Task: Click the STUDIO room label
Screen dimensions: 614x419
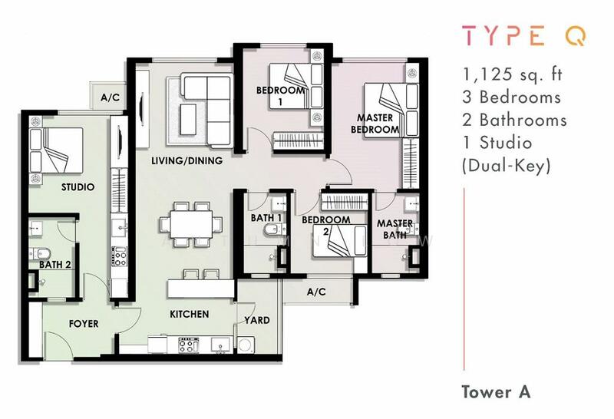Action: pyautogui.click(x=78, y=187)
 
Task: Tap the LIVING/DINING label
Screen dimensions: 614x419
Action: pyautogui.click(x=187, y=160)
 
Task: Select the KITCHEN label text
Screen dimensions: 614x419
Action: pyautogui.click(x=190, y=314)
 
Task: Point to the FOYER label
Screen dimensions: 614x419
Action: pyautogui.click(x=84, y=324)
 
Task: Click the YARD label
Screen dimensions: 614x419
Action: pyautogui.click(x=257, y=320)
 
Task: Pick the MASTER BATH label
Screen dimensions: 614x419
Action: pyautogui.click(x=394, y=229)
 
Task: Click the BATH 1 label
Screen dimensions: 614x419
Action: pyautogui.click(x=266, y=218)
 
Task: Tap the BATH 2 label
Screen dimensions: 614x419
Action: pyautogui.click(x=55, y=265)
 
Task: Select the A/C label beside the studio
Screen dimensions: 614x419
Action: pyautogui.click(x=110, y=97)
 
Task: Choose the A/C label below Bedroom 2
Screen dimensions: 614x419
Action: pyautogui.click(x=316, y=292)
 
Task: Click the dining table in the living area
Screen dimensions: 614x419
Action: pyautogui.click(x=191, y=224)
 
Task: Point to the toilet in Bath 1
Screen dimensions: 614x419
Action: pyautogui.click(x=271, y=230)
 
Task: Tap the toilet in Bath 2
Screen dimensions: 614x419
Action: pyautogui.click(x=40, y=254)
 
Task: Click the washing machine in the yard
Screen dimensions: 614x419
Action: pyautogui.click(x=246, y=345)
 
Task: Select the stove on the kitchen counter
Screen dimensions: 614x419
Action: pyautogui.click(x=187, y=345)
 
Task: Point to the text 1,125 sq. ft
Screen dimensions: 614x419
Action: pyautogui.click(x=512, y=74)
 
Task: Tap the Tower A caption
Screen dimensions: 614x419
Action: pyautogui.click(x=496, y=392)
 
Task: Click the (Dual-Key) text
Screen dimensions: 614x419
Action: pyautogui.click(x=507, y=167)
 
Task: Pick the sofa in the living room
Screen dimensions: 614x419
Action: pyautogui.click(x=207, y=111)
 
